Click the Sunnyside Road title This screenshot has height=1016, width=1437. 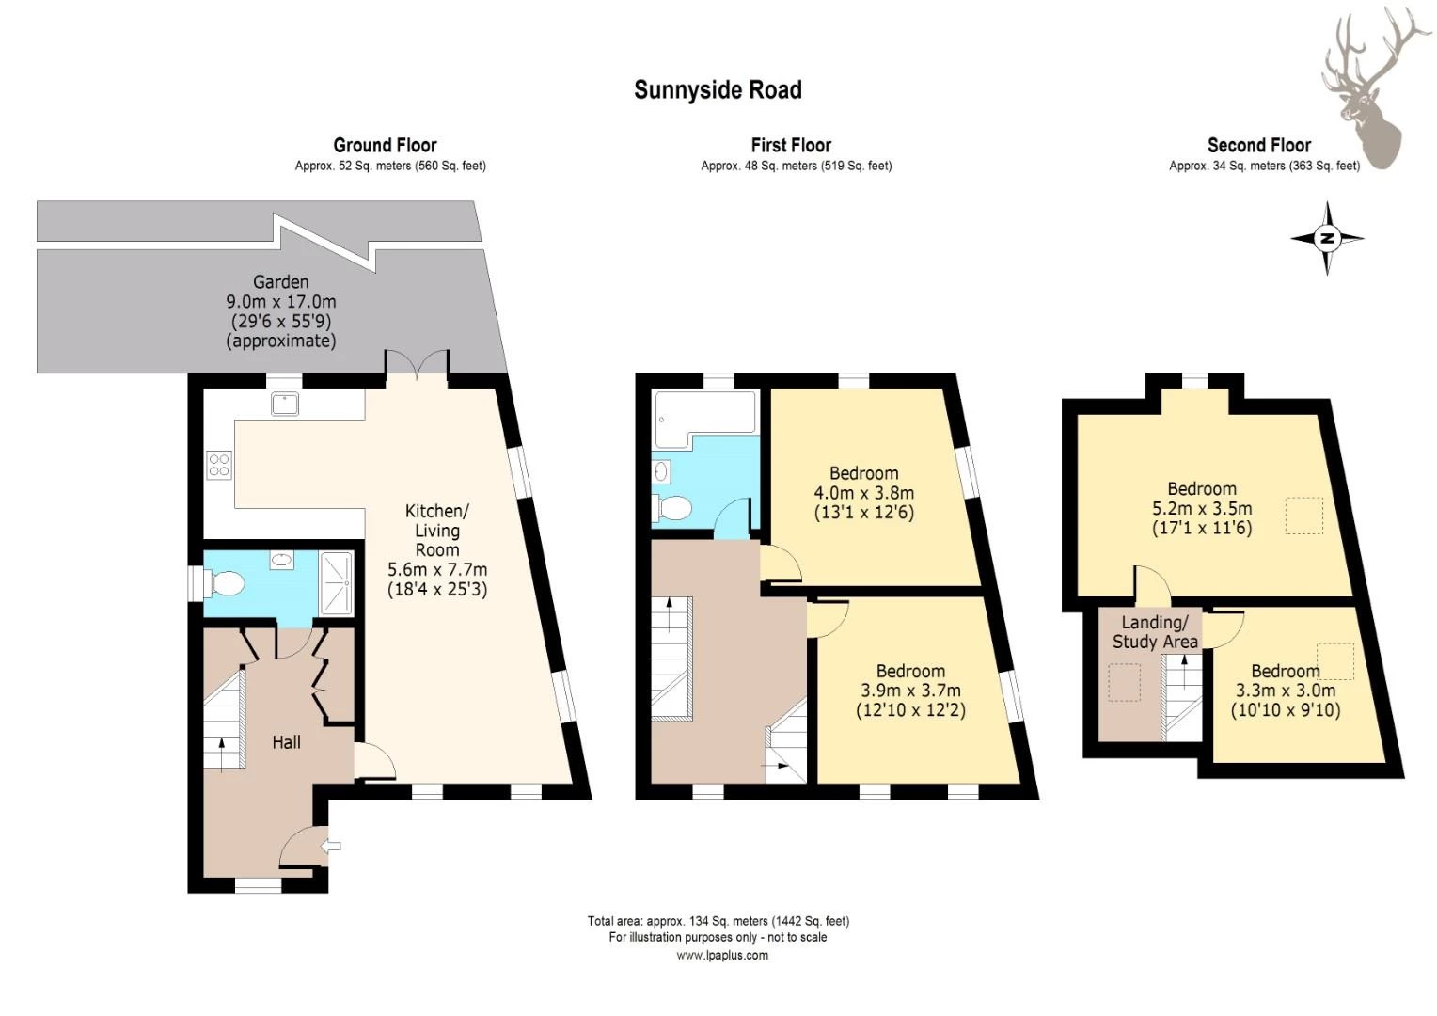(x=718, y=90)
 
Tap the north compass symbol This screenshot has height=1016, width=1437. (x=1327, y=239)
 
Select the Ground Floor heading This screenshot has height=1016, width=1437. (x=385, y=145)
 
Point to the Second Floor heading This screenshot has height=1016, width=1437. (x=1259, y=145)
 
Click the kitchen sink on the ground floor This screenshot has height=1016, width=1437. (x=284, y=405)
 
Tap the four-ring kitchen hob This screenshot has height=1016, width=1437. (x=219, y=465)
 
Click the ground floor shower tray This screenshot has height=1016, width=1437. (x=336, y=584)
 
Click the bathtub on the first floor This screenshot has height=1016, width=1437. (x=703, y=420)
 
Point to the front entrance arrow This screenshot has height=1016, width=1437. (x=331, y=846)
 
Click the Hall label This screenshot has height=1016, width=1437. (x=286, y=742)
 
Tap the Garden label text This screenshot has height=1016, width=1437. (x=281, y=282)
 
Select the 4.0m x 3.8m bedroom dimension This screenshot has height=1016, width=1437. (x=864, y=493)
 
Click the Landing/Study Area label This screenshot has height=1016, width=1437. (x=1155, y=632)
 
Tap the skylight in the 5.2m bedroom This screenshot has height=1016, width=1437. (x=1304, y=516)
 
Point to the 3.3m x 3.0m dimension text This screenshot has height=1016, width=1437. (x=1286, y=691)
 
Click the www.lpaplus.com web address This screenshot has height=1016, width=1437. (x=722, y=955)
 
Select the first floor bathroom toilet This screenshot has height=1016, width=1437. (x=671, y=508)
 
